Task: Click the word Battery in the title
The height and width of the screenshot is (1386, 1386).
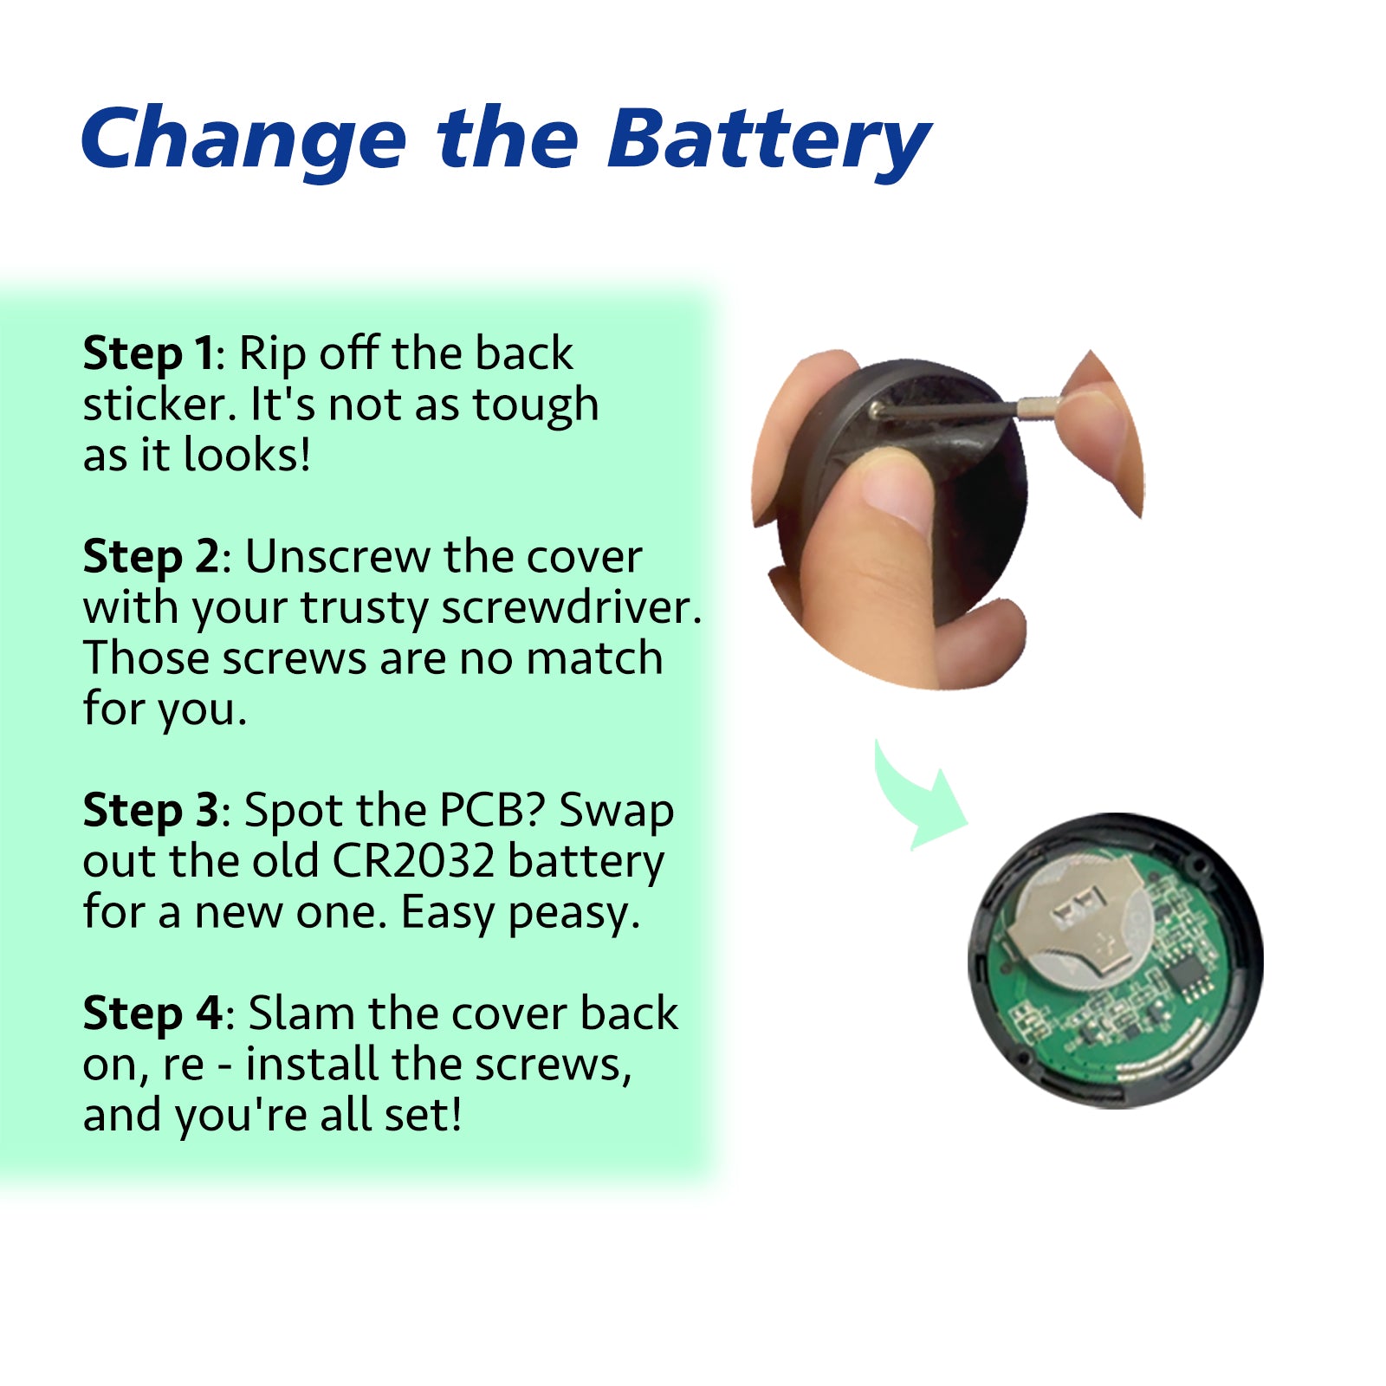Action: (x=769, y=141)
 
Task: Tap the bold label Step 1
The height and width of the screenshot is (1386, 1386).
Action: (x=147, y=354)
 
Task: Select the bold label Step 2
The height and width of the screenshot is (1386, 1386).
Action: (x=152, y=557)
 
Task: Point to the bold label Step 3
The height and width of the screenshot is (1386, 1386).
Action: (x=152, y=812)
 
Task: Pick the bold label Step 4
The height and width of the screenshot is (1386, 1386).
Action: (x=152, y=1014)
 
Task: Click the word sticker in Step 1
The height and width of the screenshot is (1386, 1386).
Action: (x=159, y=405)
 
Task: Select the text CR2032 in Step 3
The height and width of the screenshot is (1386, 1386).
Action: (x=413, y=862)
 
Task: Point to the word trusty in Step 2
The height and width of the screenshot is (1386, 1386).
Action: (x=365, y=609)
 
